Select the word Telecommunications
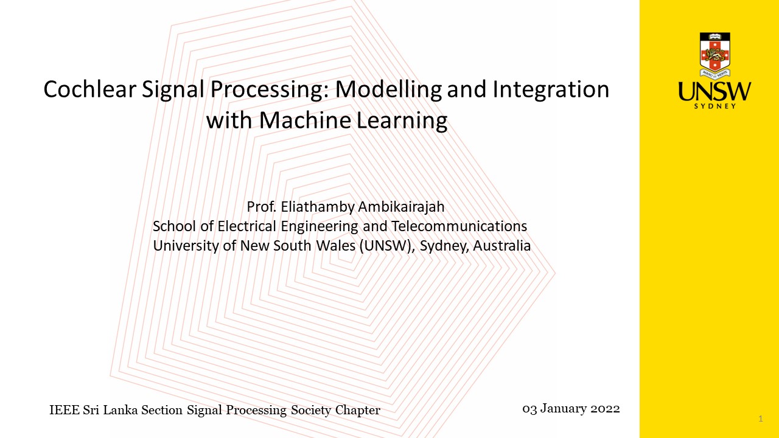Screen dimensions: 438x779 [x=459, y=226]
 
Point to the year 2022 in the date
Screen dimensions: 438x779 [x=606, y=409]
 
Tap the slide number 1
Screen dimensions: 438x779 [x=761, y=419]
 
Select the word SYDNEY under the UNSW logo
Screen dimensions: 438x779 [x=715, y=106]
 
